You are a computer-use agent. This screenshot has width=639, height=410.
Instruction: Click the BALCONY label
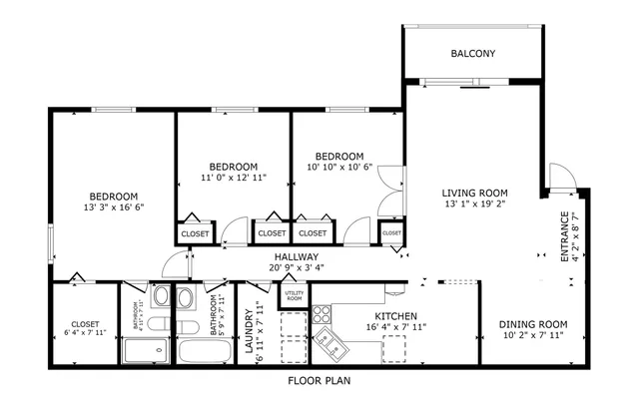click(472, 54)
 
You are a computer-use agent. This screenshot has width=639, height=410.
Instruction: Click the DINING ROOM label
click(533, 324)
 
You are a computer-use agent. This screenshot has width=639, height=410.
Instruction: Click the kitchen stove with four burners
click(323, 313)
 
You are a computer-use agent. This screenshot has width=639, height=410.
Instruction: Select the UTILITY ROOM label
click(295, 295)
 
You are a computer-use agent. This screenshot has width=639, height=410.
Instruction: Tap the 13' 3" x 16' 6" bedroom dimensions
click(113, 208)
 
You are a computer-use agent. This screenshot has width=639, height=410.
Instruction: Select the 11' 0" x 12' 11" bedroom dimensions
click(234, 179)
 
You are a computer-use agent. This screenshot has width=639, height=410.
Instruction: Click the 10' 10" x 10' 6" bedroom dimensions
click(338, 168)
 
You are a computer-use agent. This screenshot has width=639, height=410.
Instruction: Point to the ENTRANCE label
click(564, 236)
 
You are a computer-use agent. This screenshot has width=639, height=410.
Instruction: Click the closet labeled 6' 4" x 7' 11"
click(85, 329)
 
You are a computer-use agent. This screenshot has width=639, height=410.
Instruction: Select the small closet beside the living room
click(391, 233)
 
